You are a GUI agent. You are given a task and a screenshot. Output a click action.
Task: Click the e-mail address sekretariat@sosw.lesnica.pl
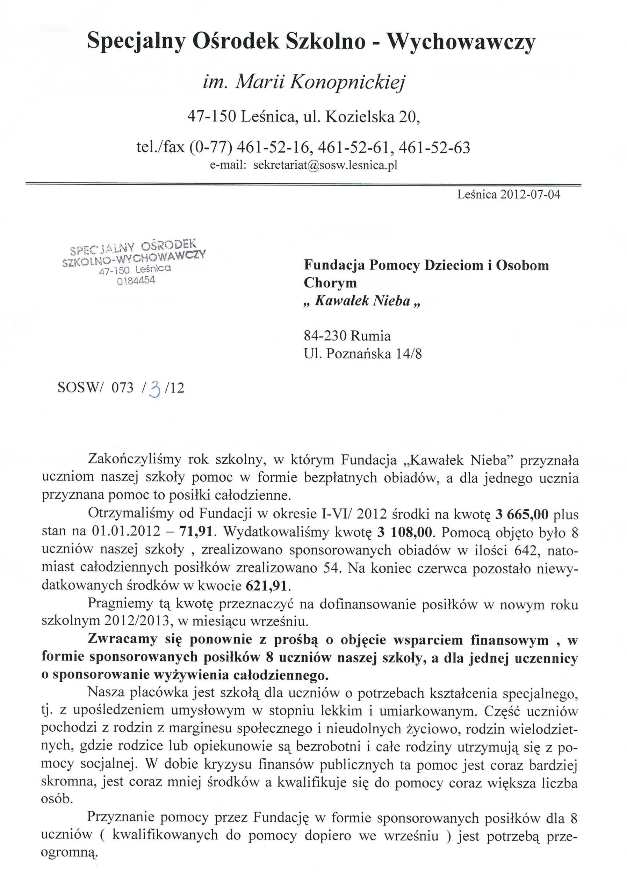point(325,165)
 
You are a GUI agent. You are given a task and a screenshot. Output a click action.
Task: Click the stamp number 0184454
point(136,280)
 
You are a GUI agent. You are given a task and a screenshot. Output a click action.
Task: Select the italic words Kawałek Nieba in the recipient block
point(362,301)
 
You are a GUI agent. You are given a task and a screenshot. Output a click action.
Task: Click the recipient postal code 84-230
point(325,335)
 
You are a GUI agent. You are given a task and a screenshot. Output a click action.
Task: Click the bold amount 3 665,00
point(521,515)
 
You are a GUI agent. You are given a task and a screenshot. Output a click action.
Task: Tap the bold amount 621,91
point(267,585)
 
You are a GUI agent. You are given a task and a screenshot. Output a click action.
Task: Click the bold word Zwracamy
point(122,639)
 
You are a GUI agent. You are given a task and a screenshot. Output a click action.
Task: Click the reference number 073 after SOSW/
point(122,388)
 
